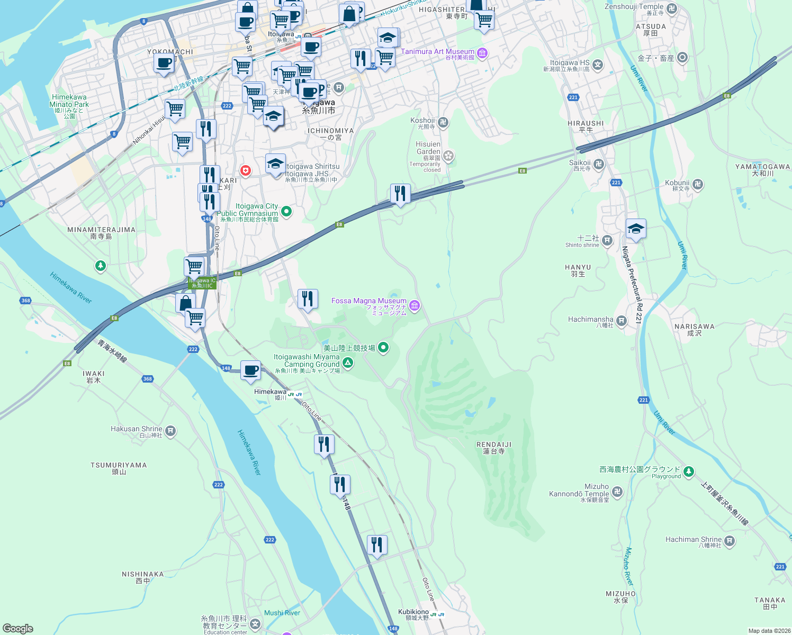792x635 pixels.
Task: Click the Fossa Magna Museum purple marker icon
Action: (x=415, y=305)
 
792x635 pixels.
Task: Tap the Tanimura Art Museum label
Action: (x=438, y=52)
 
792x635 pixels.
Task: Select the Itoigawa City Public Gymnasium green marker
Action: (x=286, y=212)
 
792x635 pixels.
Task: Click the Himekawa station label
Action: (x=271, y=392)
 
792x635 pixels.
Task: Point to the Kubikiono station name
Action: (x=413, y=612)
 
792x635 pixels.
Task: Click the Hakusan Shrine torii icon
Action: (x=170, y=431)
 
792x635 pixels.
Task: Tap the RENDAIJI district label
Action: (x=494, y=445)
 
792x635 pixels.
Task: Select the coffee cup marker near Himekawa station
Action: (x=250, y=370)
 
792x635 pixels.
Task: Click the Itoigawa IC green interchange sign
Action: (x=202, y=283)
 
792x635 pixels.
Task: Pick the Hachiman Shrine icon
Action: (x=730, y=541)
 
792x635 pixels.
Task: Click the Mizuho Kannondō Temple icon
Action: (x=617, y=492)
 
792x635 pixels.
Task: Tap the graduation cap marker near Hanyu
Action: (x=635, y=229)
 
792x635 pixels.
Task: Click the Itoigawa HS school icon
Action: (x=598, y=65)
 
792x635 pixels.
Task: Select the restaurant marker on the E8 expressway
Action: (x=400, y=193)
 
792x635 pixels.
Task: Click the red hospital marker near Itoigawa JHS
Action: (x=246, y=170)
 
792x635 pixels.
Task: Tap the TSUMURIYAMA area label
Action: (x=119, y=466)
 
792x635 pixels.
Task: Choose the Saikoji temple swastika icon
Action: (x=599, y=164)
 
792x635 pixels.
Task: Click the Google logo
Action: (x=18, y=628)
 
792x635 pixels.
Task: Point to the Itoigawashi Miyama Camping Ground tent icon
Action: (x=348, y=362)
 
